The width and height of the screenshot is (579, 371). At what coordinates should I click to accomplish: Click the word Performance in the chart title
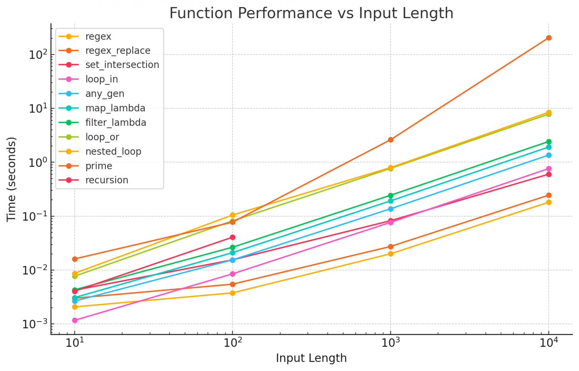point(284,13)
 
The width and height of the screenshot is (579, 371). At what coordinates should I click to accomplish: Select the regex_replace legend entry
point(118,51)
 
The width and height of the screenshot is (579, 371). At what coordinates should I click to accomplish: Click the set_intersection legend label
point(122,65)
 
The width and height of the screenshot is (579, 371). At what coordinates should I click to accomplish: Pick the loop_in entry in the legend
point(101,79)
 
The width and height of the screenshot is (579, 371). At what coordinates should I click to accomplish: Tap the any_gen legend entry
point(105,94)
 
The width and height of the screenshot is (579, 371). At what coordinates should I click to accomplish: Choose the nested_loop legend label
point(113,152)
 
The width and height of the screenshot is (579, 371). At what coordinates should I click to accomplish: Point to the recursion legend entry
point(107,180)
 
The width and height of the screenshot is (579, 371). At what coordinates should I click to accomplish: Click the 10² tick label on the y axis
point(38,54)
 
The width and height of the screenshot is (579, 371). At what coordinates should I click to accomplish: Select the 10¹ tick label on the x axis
point(75,342)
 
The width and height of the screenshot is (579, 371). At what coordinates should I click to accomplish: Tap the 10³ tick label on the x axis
point(390,342)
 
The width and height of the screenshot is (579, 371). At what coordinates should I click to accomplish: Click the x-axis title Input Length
point(311,358)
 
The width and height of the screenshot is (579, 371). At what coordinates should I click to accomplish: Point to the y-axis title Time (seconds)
point(12,179)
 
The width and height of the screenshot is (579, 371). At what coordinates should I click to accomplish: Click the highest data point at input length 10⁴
point(549,38)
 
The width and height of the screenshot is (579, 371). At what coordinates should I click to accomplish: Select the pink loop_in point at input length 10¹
point(75,320)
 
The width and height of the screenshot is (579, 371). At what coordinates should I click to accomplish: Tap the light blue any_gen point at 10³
point(390,209)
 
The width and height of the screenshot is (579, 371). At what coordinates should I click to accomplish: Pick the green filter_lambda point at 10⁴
point(549,142)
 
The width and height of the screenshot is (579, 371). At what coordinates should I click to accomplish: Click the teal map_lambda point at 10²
point(232,253)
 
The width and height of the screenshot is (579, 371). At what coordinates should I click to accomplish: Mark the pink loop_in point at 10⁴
point(549,169)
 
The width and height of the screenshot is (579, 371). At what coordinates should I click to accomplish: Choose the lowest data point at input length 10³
point(390,254)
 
